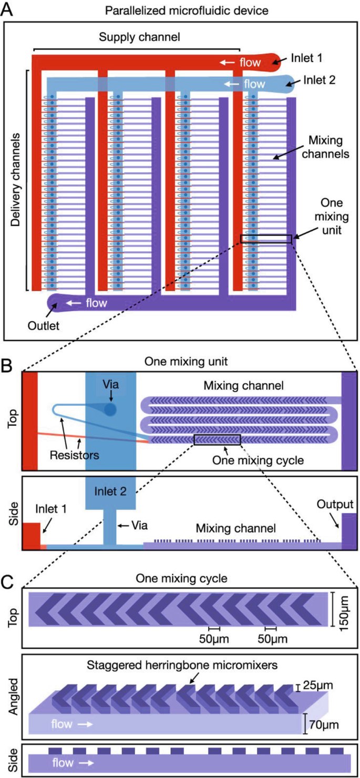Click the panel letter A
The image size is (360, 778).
click(x=9, y=10)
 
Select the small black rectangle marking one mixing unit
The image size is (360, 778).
click(x=266, y=239)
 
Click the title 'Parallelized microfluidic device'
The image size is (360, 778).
click(x=180, y=11)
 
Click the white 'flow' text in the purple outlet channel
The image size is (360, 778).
click(x=96, y=303)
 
